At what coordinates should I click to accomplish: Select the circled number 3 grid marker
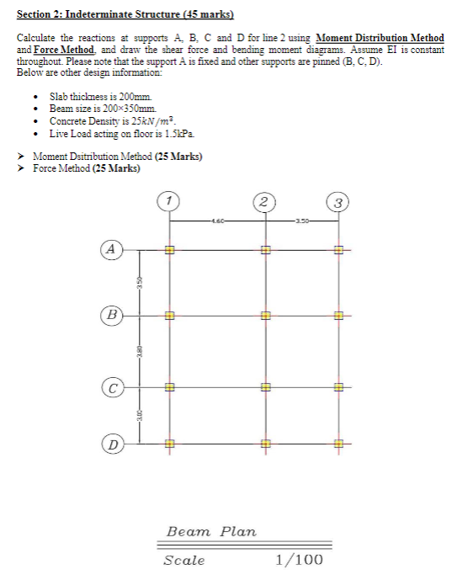pyautogui.click(x=337, y=202)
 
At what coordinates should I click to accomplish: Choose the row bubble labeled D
pyautogui.click(x=111, y=443)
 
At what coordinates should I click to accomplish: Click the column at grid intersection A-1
pyautogui.click(x=169, y=249)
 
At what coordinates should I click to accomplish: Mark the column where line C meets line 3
pyautogui.click(x=337, y=389)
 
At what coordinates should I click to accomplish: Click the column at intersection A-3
pyautogui.click(x=337, y=249)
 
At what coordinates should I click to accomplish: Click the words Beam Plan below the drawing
pyautogui.click(x=211, y=532)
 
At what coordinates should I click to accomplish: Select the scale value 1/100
pyautogui.click(x=299, y=560)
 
